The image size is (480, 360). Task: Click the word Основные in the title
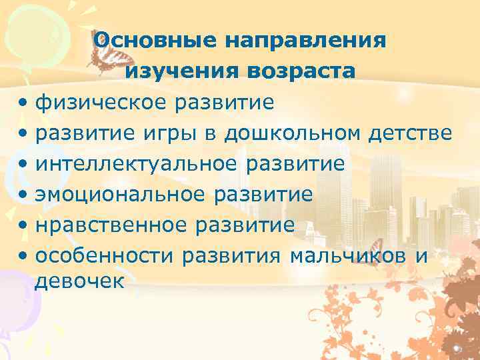pyautogui.click(x=154, y=40)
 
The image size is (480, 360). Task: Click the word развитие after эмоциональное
pyautogui.click(x=263, y=195)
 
